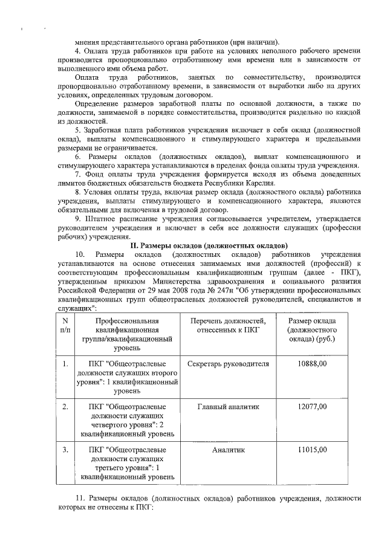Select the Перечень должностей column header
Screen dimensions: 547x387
(x=227, y=325)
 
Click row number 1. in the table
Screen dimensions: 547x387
(x=65, y=364)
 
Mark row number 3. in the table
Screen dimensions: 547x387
(x=65, y=450)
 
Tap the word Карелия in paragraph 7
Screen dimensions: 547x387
(x=262, y=183)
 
